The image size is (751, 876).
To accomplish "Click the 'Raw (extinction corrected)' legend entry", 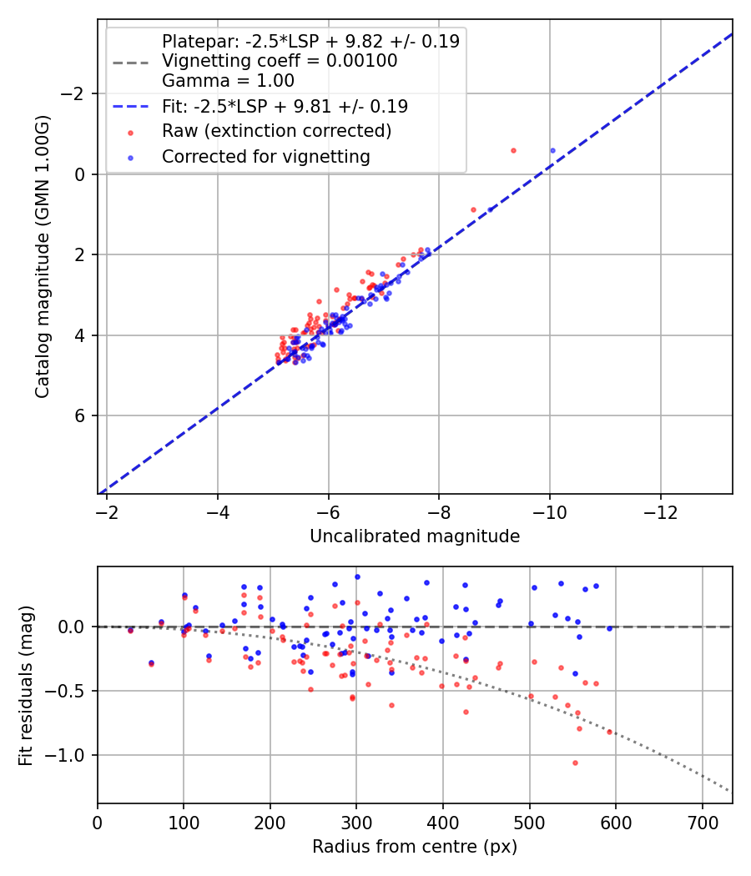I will (x=276, y=131).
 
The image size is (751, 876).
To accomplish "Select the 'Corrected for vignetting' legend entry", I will (x=266, y=156).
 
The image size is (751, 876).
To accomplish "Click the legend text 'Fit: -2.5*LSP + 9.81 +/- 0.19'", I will (x=285, y=106).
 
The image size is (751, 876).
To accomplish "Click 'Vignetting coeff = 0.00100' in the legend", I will (x=280, y=61).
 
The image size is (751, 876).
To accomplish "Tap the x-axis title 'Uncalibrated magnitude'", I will (x=415, y=536).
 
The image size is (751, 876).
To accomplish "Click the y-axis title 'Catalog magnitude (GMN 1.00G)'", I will (x=43, y=256).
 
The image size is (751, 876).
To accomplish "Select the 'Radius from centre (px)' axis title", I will (x=415, y=847).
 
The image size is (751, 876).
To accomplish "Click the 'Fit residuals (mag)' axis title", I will (x=26, y=684).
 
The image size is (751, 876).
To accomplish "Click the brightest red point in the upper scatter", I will (x=513, y=150).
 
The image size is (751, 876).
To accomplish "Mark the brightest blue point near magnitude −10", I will (x=552, y=150).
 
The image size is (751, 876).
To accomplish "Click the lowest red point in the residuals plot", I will (x=575, y=763).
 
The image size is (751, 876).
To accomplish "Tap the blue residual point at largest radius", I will (x=609, y=628).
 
